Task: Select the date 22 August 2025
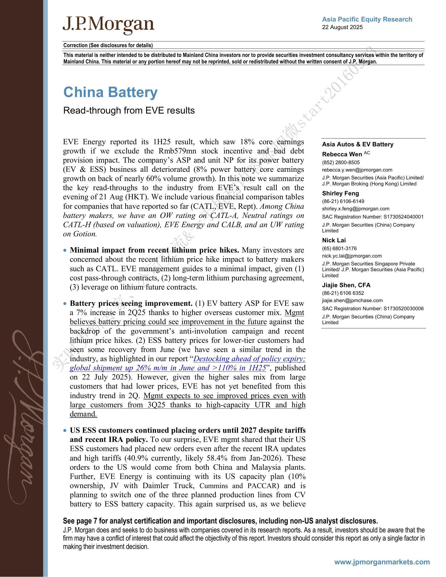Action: pyautogui.click(x=342, y=27)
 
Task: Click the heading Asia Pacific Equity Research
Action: pyautogui.click(x=367, y=19)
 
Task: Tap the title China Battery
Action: pyautogui.click(x=110, y=93)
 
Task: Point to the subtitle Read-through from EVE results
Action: pyautogui.click(x=129, y=110)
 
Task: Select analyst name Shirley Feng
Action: pyautogui.click(x=340, y=193)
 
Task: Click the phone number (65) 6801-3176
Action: pyautogui.click(x=339, y=248)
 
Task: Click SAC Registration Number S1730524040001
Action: pyautogui.click(x=373, y=217)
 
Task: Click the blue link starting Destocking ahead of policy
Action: pyautogui.click(x=249, y=359)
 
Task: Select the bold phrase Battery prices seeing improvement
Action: pyautogui.click(x=131, y=303)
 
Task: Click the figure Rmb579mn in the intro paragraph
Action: pyautogui.click(x=174, y=151)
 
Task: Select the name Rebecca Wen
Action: pyautogui.click(x=342, y=154)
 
